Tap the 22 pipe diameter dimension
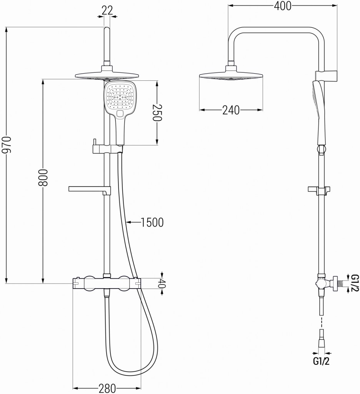[107, 10]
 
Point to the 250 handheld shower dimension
[157, 113]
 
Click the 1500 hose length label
[152, 222]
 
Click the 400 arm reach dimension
[282, 6]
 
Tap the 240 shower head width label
[231, 110]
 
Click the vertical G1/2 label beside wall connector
[355, 283]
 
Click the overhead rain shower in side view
[231, 75]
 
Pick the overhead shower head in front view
[107, 75]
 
